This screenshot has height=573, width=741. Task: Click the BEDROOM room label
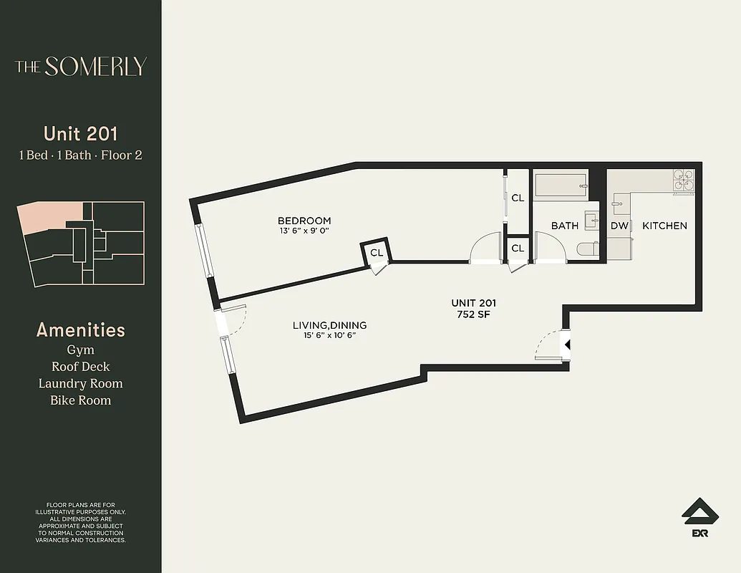pos(304,221)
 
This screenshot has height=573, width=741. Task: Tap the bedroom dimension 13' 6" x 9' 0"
pos(304,231)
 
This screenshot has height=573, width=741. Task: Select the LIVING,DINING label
pos(329,325)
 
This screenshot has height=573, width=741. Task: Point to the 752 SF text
pos(473,314)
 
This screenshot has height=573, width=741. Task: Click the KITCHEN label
pos(664,226)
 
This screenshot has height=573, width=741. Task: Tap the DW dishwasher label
pos(619,226)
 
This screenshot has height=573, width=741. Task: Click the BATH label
pos(564,226)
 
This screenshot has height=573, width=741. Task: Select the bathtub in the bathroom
pos(561,186)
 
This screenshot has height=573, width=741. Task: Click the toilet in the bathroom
pos(587,250)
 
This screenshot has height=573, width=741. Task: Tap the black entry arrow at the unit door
pos(567,345)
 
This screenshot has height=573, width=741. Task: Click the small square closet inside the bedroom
pos(376,253)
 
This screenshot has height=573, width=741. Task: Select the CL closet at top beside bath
pos(518,198)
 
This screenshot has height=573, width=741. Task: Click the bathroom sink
pos(591,220)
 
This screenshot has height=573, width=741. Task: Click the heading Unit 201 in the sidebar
pos(80,133)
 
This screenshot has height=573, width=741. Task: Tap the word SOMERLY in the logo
pos(95,67)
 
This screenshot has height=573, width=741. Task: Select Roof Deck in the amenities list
pos(80,367)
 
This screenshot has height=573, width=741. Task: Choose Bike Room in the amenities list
pos(80,400)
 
